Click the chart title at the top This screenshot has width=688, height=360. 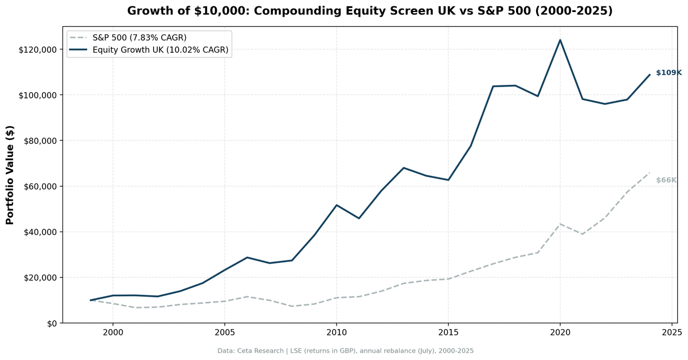click(370, 11)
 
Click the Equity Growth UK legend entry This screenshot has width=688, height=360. click(161, 50)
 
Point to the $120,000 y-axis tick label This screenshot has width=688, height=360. click(37, 49)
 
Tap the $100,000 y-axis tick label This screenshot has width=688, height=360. click(37, 95)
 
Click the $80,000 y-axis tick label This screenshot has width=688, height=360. click(40, 140)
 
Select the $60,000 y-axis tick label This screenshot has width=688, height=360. click(40, 186)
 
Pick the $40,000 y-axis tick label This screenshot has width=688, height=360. click(40, 232)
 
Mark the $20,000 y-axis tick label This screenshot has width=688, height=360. click(40, 277)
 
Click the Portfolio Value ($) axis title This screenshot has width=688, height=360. click(10, 175)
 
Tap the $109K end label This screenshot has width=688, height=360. click(669, 73)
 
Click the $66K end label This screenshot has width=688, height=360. click(666, 180)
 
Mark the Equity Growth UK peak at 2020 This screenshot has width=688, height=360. click(560, 40)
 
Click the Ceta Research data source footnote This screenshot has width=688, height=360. click(345, 351)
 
